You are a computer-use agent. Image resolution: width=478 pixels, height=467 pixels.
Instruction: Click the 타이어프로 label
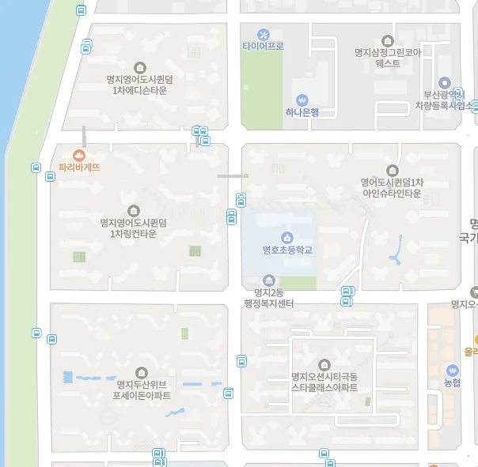coord(263,47)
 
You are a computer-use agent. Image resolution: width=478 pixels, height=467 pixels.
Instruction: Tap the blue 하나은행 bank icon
coord(302,100)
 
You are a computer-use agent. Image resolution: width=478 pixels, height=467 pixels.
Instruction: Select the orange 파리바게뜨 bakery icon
coord(79,156)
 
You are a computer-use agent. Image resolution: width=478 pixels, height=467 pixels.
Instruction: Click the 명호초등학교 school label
coord(287,250)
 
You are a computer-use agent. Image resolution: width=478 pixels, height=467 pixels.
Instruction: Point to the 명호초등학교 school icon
coord(286,237)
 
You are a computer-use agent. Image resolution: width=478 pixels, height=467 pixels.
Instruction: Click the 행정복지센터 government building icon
coord(269,281)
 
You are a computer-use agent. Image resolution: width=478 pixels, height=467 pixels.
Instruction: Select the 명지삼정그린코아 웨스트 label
coord(388,58)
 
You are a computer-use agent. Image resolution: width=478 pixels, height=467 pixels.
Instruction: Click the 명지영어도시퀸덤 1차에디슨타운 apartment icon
coord(140,67)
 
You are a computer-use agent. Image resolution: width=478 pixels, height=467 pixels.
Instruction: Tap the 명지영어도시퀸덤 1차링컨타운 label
coord(134,228)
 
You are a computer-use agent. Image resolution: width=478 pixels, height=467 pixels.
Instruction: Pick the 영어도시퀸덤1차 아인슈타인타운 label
coord(393,187)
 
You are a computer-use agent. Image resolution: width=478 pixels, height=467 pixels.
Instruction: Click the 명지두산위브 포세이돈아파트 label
coord(142,390)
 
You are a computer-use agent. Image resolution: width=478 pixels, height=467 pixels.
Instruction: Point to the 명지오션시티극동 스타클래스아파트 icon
coord(324,364)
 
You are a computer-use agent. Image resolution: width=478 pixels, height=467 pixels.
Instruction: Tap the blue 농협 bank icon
coord(452,370)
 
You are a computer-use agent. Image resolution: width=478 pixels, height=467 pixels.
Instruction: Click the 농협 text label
coord(452,383)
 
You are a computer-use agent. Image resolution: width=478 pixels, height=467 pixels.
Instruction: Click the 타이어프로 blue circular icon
coord(264,34)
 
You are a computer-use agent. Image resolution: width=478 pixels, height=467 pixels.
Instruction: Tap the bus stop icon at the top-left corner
coord(82,10)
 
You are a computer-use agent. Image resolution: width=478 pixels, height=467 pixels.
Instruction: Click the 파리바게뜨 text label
coord(79,168)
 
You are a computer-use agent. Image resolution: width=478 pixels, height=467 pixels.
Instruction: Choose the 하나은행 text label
coord(302,112)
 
